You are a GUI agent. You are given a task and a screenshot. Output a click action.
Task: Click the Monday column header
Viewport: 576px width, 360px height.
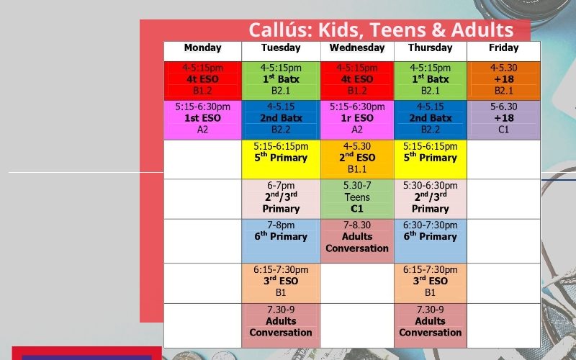tap(203, 48)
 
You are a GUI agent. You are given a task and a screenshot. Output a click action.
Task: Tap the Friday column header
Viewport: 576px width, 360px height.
tap(503, 48)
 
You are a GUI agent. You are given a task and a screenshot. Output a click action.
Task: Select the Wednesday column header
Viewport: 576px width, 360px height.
tap(357, 48)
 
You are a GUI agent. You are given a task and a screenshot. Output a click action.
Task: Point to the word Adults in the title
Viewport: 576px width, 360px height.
tap(482, 30)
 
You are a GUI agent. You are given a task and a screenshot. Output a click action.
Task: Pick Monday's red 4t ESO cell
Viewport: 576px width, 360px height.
tap(203, 81)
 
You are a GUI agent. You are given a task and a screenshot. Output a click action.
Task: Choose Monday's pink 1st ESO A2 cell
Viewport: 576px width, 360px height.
tap(203, 120)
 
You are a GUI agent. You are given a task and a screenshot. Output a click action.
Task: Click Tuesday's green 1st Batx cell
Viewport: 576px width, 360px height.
tap(281, 81)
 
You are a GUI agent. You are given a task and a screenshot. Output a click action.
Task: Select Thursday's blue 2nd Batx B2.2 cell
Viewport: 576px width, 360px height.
tap(431, 120)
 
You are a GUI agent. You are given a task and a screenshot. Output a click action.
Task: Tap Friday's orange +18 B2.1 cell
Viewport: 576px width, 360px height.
tap(503, 81)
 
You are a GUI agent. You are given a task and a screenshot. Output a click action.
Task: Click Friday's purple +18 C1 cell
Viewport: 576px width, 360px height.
tap(503, 120)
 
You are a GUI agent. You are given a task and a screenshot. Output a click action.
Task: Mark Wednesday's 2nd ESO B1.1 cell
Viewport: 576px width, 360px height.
tap(357, 159)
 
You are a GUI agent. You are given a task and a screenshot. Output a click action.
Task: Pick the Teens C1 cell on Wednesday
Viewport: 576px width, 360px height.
tap(357, 199)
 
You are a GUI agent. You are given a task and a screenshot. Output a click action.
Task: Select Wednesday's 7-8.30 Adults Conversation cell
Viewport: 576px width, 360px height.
tap(357, 241)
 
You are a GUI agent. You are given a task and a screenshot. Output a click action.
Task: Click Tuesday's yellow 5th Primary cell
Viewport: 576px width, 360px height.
tap(281, 159)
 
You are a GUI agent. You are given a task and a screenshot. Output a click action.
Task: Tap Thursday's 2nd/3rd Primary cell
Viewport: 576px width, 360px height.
tap(431, 199)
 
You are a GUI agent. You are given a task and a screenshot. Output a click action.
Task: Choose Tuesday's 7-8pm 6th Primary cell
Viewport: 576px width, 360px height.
tap(281, 241)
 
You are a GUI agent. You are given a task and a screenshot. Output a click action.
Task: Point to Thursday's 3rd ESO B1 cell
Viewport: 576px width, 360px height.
tap(431, 283)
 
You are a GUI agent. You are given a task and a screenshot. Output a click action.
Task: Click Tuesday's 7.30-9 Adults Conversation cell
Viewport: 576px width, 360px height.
tap(281, 325)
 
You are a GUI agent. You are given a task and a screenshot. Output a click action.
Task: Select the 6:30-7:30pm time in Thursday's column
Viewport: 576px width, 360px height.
tap(431, 225)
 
